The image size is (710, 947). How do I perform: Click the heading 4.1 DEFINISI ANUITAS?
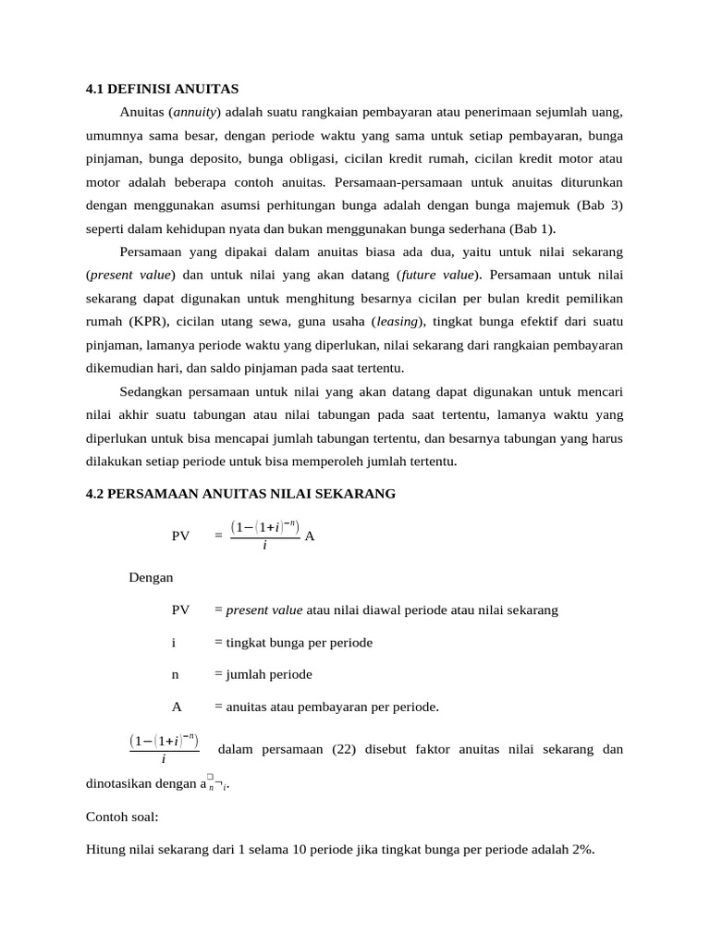(x=162, y=90)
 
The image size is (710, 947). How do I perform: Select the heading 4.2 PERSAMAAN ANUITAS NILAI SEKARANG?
(x=240, y=494)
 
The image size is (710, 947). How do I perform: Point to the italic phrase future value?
(x=438, y=275)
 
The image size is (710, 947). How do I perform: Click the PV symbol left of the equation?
(x=181, y=535)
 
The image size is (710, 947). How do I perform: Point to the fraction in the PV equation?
(x=264, y=535)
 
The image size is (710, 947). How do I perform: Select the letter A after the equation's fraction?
(x=310, y=535)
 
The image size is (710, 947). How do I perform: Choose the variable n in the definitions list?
(x=176, y=674)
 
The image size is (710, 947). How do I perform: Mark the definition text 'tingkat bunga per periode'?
(x=293, y=642)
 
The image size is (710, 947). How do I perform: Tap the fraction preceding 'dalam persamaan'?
(x=164, y=749)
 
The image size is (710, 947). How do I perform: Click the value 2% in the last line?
(x=581, y=852)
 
